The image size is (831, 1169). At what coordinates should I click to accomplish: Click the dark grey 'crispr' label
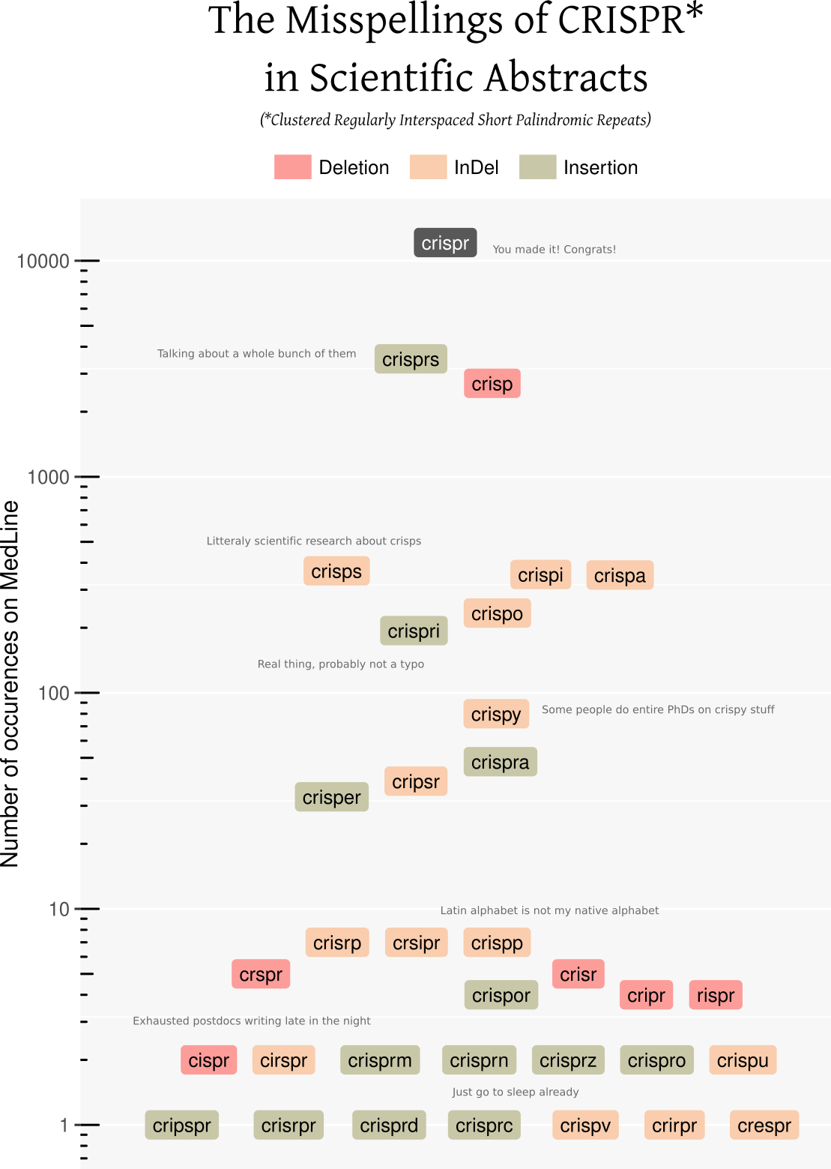pos(445,243)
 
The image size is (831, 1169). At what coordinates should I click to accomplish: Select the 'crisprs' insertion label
pos(411,359)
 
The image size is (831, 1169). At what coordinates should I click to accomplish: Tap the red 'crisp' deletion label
pos(492,384)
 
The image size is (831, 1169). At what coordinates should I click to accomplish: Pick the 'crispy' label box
pos(496,714)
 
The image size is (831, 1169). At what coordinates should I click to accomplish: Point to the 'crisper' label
pos(331,797)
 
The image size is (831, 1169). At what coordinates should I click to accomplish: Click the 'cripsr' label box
pos(416,781)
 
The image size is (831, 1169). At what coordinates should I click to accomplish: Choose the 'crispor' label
pos(501,995)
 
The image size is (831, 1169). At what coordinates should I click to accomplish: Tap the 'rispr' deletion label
pos(716,995)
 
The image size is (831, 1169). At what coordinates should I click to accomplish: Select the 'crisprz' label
pos(568,1060)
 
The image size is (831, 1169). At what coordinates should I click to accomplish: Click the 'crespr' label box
pos(764,1126)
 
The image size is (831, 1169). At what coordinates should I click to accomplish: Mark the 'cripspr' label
pos(182,1126)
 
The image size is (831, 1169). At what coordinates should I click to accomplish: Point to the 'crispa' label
pos(620,575)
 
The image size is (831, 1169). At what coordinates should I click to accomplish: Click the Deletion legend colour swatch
pos(292,167)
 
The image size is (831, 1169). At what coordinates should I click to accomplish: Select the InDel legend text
pos(477,167)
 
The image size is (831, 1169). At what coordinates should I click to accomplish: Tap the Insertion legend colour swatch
pos(537,167)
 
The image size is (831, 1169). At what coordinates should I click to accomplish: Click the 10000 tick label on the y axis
pos(43,261)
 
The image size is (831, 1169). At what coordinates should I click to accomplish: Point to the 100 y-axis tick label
pos(53,693)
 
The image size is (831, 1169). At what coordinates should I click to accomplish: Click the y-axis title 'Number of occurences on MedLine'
pos(10,684)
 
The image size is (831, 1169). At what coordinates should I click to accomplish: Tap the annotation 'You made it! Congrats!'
pos(554,250)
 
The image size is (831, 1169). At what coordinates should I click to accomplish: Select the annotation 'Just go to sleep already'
pos(516,1092)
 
